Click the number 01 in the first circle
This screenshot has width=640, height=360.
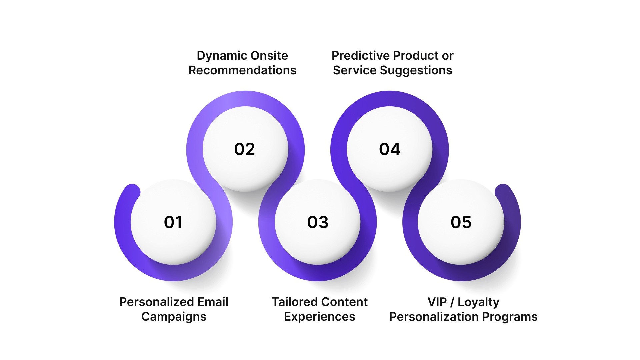(x=173, y=222)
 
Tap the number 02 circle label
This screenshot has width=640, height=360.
(x=244, y=149)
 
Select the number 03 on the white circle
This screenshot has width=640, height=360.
(x=318, y=222)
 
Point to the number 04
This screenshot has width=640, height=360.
(x=390, y=149)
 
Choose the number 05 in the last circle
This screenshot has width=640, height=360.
(x=461, y=222)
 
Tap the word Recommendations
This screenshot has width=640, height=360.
(x=242, y=70)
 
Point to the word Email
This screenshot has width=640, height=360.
(x=213, y=302)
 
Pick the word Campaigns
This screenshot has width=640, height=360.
(x=174, y=317)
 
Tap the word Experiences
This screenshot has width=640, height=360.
(x=319, y=317)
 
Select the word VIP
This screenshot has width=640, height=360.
(x=437, y=302)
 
